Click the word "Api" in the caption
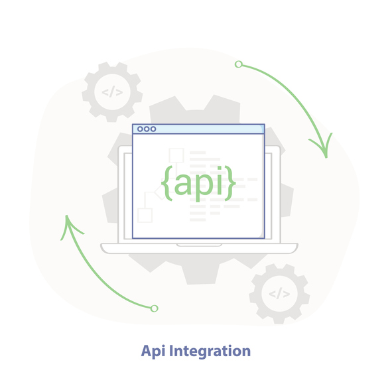tap(153, 352)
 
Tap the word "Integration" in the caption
tap(210, 352)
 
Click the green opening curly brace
tap(166, 183)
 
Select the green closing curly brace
tap(230, 183)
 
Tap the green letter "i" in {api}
tap(220, 180)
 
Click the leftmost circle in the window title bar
tap(140, 129)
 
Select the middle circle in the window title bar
tap(147, 129)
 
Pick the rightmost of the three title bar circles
tap(153, 129)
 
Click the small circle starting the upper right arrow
tap(239, 64)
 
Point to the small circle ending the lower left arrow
tap(155, 308)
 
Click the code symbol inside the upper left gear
tap(112, 92)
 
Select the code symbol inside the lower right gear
tap(279, 293)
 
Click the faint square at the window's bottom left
tap(145, 216)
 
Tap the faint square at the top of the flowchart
tap(176, 155)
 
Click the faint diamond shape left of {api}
tap(160, 192)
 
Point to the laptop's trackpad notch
tap(199, 245)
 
